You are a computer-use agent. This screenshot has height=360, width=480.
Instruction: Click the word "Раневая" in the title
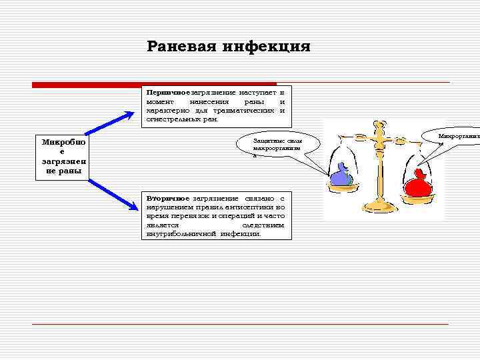(182, 46)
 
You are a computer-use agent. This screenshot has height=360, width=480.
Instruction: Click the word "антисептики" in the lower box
(245, 207)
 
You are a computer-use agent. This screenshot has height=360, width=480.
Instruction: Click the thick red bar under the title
(153, 84)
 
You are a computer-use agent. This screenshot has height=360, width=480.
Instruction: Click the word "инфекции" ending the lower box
(241, 235)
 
